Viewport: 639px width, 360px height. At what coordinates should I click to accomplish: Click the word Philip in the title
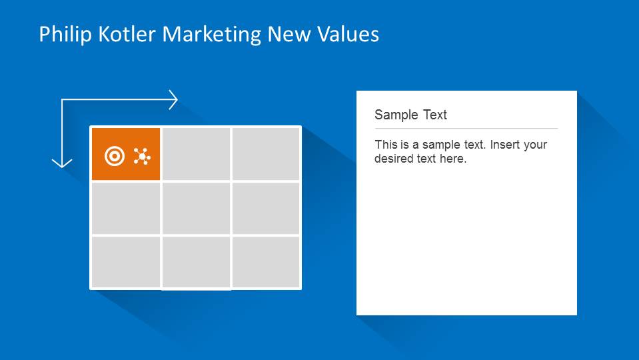pos(65,34)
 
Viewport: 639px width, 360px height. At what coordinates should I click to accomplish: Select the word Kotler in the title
pos(127,34)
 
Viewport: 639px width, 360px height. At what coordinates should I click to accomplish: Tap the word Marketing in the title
pos(211,34)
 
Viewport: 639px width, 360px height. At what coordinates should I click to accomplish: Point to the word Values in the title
pos(348,34)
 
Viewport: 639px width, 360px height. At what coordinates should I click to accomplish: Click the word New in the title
pos(289,34)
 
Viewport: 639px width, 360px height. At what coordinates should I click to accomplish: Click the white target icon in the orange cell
pos(115,156)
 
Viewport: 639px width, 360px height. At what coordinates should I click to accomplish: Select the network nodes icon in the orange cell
pos(142,157)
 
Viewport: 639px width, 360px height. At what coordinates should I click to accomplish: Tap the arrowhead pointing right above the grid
pos(174,100)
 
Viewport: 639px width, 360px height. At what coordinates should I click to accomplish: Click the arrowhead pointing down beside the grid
pos(62,163)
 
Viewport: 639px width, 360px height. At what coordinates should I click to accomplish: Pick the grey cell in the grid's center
pos(196,208)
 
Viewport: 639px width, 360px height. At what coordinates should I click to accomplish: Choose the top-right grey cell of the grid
pos(266,153)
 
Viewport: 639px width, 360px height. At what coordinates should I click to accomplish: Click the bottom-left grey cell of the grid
pos(126,262)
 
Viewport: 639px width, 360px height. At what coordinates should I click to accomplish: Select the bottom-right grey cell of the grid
pos(266,262)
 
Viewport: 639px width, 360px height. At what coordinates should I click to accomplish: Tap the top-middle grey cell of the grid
pos(196,153)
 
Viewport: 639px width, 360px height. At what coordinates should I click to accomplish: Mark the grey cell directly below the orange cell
pos(126,208)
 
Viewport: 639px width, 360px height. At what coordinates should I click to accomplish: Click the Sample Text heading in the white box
pos(410,115)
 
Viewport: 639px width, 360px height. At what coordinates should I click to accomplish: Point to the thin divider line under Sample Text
pos(466,129)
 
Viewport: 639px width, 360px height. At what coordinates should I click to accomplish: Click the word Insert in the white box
pos(504,145)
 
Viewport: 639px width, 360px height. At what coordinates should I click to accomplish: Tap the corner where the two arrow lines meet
pos(62,99)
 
